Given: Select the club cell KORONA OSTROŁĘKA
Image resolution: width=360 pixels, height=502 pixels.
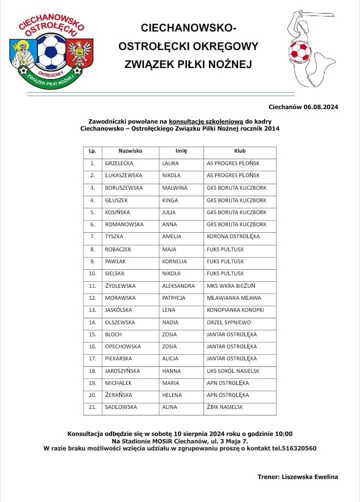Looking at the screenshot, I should point(233,236).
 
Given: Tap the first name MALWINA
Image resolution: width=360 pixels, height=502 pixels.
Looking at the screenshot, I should point(174,188).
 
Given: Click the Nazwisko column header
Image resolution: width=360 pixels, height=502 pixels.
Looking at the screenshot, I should point(130,151).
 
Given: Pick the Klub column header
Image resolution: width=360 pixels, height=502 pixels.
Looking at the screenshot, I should point(240,151).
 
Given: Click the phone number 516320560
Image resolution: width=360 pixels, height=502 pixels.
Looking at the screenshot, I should point(298,448).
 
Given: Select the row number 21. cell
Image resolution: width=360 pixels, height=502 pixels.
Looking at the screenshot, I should point(92,407).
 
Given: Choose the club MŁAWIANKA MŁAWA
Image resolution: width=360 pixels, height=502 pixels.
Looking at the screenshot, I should point(233,298).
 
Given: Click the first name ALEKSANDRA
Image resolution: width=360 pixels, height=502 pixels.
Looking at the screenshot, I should point(178,286).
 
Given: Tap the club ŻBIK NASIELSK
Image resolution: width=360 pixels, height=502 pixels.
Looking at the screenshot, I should point(224,407).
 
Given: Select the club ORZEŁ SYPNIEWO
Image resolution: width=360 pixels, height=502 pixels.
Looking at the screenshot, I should point(228,322).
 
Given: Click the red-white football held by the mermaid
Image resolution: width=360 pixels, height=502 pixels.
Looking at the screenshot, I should point(299,51).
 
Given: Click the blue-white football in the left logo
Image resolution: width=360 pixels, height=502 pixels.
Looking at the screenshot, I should point(52,51).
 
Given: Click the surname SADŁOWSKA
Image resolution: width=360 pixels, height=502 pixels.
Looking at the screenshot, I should point(120,407).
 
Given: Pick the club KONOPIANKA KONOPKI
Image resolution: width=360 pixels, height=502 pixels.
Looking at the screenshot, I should point(235,310).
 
